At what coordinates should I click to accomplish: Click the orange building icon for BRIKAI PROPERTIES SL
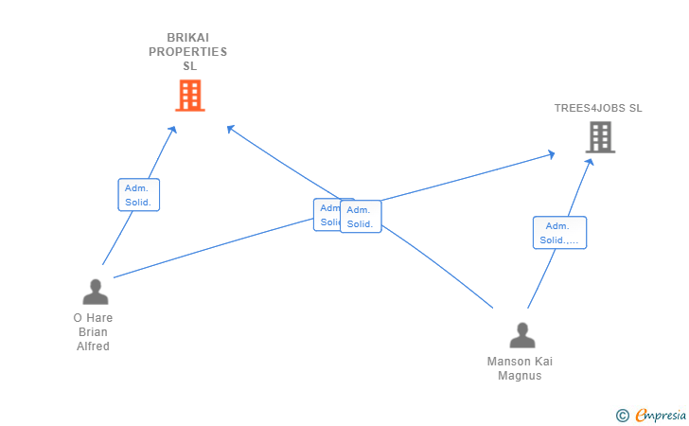click(x=190, y=96)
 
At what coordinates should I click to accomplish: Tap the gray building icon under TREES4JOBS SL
click(x=600, y=138)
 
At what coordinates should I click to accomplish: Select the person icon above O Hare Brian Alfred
click(x=95, y=292)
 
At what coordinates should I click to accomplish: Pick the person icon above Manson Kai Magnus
click(x=521, y=335)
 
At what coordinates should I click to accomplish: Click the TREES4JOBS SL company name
click(x=598, y=108)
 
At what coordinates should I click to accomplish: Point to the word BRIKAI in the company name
click(x=187, y=38)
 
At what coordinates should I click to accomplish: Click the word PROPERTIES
click(x=187, y=52)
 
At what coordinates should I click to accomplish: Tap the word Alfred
click(x=93, y=346)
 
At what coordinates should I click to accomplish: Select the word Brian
click(x=93, y=332)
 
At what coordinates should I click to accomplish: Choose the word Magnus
click(x=520, y=376)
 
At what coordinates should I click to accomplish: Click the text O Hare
click(x=93, y=318)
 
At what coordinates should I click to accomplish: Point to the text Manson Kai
click(x=520, y=362)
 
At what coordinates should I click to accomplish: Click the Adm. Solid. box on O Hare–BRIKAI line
click(x=139, y=195)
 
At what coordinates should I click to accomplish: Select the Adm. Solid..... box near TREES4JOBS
click(x=559, y=233)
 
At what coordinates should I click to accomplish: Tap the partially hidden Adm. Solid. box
click(x=326, y=215)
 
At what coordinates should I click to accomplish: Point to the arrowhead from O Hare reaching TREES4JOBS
click(x=551, y=152)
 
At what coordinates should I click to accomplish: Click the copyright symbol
click(x=622, y=415)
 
